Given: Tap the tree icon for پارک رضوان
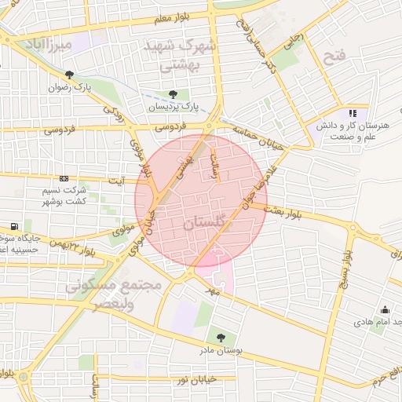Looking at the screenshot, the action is (71, 75).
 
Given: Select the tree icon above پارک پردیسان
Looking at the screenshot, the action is (174, 94).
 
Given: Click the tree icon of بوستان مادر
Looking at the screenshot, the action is (220, 338).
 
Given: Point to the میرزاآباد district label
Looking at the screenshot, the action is (49, 45).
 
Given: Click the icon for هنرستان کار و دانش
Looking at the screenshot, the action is (353, 113).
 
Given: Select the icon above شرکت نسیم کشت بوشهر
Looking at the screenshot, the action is (64, 179).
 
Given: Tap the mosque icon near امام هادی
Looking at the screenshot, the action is (385, 309).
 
